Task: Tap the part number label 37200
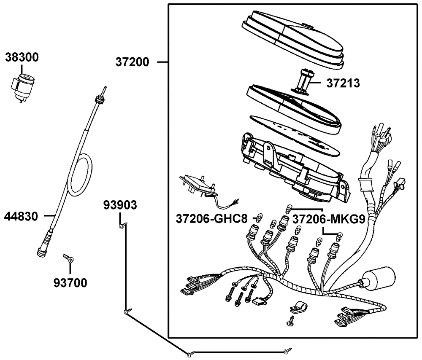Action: point(132,62)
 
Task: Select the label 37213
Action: point(343,83)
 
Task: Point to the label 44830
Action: point(27,217)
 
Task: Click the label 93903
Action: point(120,205)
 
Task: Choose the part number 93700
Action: point(70,283)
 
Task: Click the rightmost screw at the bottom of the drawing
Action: point(288,349)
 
